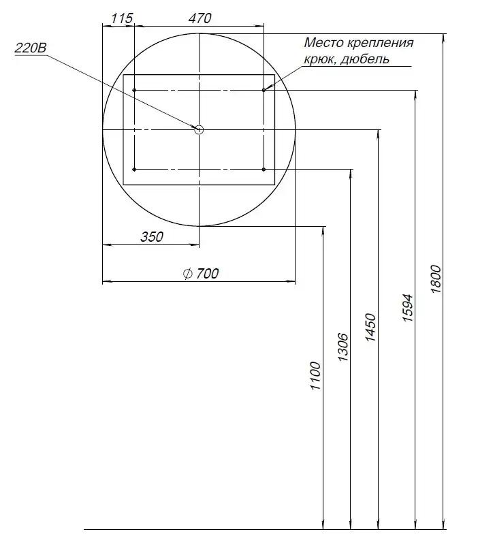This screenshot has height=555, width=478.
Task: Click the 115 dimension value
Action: tap(122, 18)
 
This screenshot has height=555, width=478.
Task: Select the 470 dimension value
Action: tap(200, 18)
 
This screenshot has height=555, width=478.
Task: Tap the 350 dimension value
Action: tap(152, 237)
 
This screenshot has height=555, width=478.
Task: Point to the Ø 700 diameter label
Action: tap(201, 274)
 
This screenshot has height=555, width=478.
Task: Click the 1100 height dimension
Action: tap(315, 376)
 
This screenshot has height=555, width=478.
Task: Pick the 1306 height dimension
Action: tap(343, 347)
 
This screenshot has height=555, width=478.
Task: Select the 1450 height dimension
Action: tap(370, 328)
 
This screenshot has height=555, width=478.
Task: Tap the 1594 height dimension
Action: tap(408, 308)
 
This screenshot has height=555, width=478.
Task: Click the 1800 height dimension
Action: tap(436, 279)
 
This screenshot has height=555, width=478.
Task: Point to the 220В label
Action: tap(31, 48)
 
